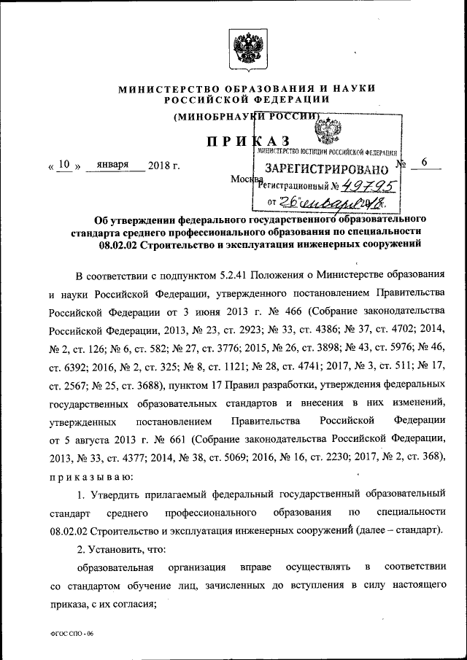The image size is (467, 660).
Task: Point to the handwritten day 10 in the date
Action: [63, 165]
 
